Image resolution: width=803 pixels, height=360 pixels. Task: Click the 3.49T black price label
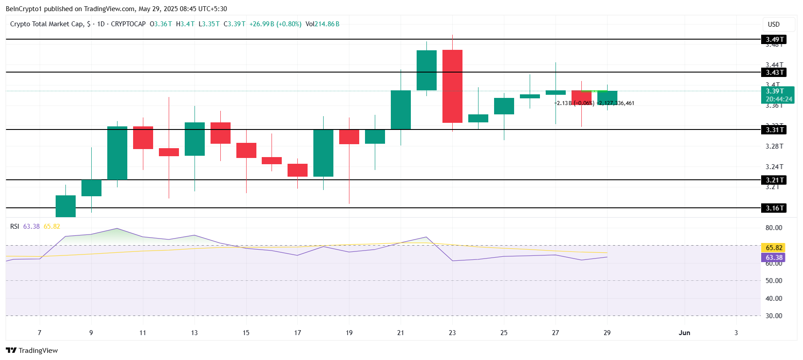tap(774, 40)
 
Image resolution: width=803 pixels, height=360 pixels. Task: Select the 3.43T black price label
tap(774, 73)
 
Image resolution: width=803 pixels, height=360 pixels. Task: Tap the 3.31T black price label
tap(774, 130)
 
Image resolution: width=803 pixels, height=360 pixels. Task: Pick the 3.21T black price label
tap(774, 180)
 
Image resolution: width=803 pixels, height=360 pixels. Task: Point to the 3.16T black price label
tap(774, 208)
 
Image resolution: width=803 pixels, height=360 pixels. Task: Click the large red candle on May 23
tap(452, 86)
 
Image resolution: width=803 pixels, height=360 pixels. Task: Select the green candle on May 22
tap(426, 70)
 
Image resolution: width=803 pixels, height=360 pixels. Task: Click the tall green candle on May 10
tap(117, 153)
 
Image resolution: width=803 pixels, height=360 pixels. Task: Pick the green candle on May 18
tap(323, 153)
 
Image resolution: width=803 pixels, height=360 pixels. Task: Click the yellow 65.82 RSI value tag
tap(773, 248)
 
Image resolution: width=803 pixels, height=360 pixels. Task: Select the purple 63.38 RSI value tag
tap(773, 258)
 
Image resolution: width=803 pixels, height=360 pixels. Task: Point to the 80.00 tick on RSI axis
tap(774, 228)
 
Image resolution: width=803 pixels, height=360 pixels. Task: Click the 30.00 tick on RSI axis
tap(774, 316)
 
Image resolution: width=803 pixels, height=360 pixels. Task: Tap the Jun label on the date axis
tap(684, 333)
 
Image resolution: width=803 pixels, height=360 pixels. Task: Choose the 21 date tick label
tap(401, 333)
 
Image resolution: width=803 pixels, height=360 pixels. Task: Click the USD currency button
tap(774, 24)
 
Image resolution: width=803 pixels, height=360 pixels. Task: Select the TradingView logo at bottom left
tap(32, 351)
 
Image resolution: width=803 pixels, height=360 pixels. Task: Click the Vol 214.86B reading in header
tap(322, 24)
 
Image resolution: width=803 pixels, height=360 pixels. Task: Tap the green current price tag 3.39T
tap(778, 95)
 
